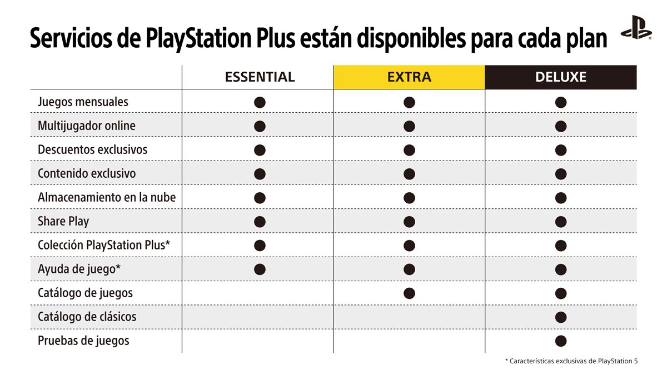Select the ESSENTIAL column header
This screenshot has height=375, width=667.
(260, 77)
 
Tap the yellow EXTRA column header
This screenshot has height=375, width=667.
(409, 77)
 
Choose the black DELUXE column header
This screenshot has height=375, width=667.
(560, 77)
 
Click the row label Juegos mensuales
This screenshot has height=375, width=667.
(83, 102)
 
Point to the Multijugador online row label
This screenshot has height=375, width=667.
(86, 126)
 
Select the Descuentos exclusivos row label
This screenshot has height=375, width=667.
(92, 150)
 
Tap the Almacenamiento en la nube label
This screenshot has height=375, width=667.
(107, 198)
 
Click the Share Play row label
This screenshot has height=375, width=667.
(63, 222)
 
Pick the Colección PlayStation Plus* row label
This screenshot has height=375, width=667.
(104, 246)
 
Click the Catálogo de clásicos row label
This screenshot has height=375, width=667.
(87, 317)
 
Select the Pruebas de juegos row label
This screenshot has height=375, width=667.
(83, 341)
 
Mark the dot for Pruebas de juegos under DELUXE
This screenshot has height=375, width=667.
(560, 341)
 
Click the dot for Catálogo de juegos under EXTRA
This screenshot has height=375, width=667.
(409, 293)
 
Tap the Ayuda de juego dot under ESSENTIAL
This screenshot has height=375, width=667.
(260, 269)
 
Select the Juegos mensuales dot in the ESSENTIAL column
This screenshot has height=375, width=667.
(260, 102)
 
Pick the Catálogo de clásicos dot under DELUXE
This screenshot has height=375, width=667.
(560, 317)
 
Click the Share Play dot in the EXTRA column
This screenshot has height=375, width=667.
(409, 222)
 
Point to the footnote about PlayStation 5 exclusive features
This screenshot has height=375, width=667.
(571, 362)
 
